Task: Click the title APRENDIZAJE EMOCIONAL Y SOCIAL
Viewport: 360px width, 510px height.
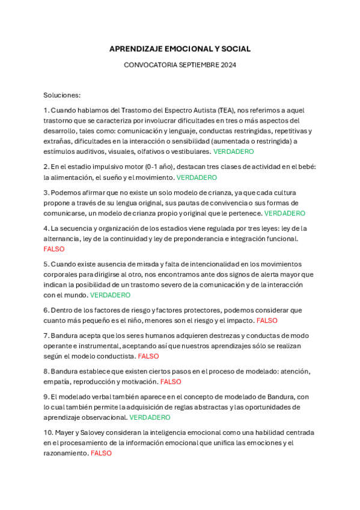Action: (180, 49)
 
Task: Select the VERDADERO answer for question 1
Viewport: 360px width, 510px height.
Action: (234, 152)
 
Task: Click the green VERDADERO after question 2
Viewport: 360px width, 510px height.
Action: (197, 177)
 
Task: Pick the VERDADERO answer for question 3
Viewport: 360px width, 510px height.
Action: (285, 213)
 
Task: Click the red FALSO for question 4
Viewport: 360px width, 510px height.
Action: (54, 249)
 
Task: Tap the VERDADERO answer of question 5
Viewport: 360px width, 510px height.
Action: (110, 295)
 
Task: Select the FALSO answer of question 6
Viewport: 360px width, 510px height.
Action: (267, 321)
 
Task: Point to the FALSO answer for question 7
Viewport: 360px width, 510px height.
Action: (148, 356)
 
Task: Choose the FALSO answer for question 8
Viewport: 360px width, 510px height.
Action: (171, 381)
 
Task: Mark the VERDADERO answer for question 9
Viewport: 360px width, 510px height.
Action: (150, 417)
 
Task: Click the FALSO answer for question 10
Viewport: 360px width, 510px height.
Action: (101, 453)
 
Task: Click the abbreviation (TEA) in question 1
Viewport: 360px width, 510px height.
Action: (226, 110)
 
